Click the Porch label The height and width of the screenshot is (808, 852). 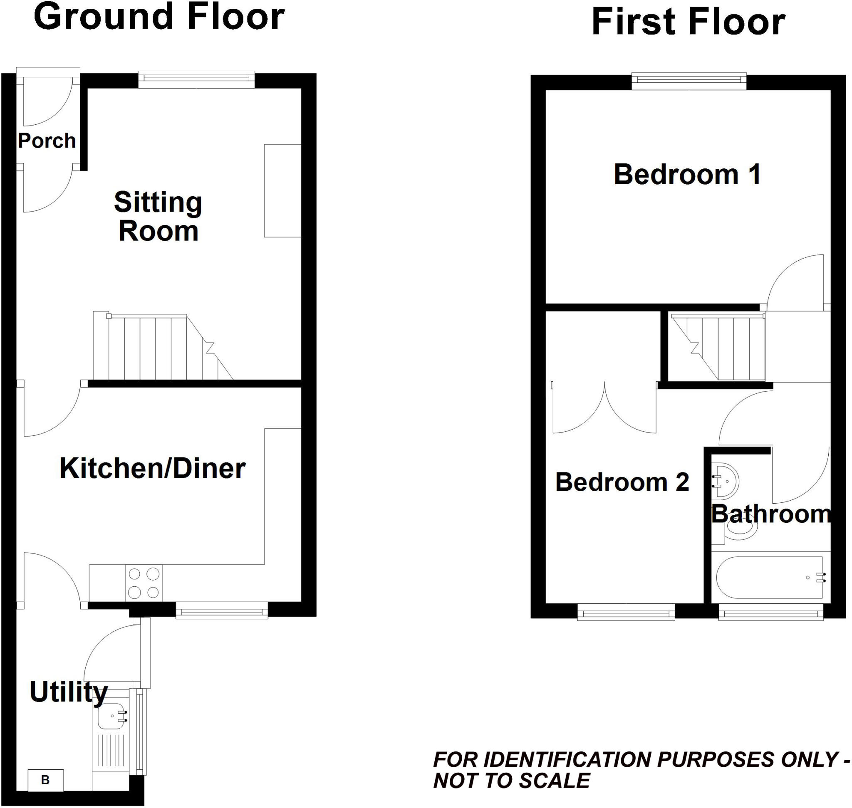pos(47,141)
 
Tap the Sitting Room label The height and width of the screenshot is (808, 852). pos(158,217)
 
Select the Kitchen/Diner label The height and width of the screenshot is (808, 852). pos(153,468)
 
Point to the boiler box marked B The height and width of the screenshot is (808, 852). pos(46,780)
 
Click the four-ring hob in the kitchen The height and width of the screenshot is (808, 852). pos(144,583)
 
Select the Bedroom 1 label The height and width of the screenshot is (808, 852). pos(687,174)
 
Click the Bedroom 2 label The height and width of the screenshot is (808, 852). pos(622,482)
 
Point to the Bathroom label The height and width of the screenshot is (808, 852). pos(770,514)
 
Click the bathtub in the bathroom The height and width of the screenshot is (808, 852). pos(770,578)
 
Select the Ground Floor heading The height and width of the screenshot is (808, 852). pos(159,17)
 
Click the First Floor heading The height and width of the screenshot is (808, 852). pos(688,22)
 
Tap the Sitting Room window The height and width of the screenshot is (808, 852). pos(196,79)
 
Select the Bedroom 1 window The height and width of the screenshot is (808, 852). pos(689,81)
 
